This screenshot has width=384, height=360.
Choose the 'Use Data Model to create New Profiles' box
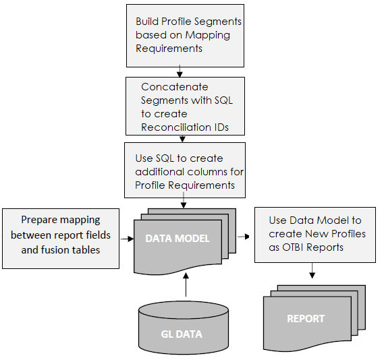click(314, 234)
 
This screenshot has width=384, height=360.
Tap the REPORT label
click(306, 318)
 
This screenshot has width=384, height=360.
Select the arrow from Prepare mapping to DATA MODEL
click(126, 237)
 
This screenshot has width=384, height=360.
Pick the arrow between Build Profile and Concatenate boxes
click(180, 71)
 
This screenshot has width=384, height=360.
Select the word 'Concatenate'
click(174, 87)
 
